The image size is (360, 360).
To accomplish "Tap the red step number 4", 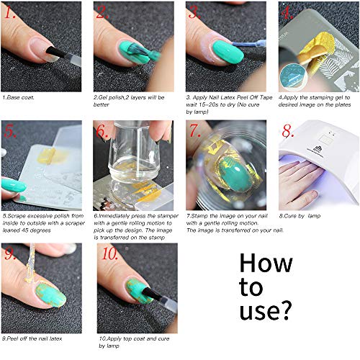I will point(288,13).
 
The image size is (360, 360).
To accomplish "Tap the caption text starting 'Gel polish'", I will point(130,96).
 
